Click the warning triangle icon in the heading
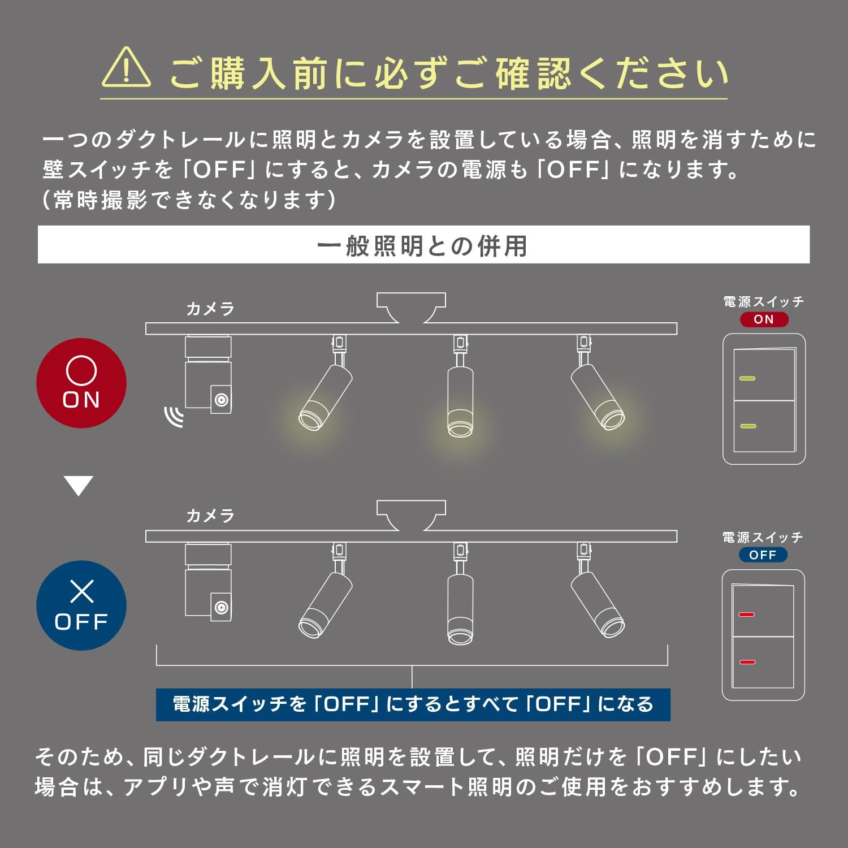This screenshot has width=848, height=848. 126,69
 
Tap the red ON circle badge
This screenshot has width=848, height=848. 81,383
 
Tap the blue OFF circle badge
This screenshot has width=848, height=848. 81,605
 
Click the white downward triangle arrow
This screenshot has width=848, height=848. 79,485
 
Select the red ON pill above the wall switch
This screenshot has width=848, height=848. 764,319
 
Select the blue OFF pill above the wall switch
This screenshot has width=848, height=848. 763,555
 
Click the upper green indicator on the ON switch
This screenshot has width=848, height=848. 747,378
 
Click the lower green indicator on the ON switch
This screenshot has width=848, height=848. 747,426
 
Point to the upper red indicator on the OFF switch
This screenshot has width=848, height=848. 746,615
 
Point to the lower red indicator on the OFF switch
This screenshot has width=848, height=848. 746,662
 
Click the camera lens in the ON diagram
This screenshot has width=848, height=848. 221,400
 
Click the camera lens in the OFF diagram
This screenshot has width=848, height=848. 221,608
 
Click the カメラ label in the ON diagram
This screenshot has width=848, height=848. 210,309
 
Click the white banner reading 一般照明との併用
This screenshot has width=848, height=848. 423,245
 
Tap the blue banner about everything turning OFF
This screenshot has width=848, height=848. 413,704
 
